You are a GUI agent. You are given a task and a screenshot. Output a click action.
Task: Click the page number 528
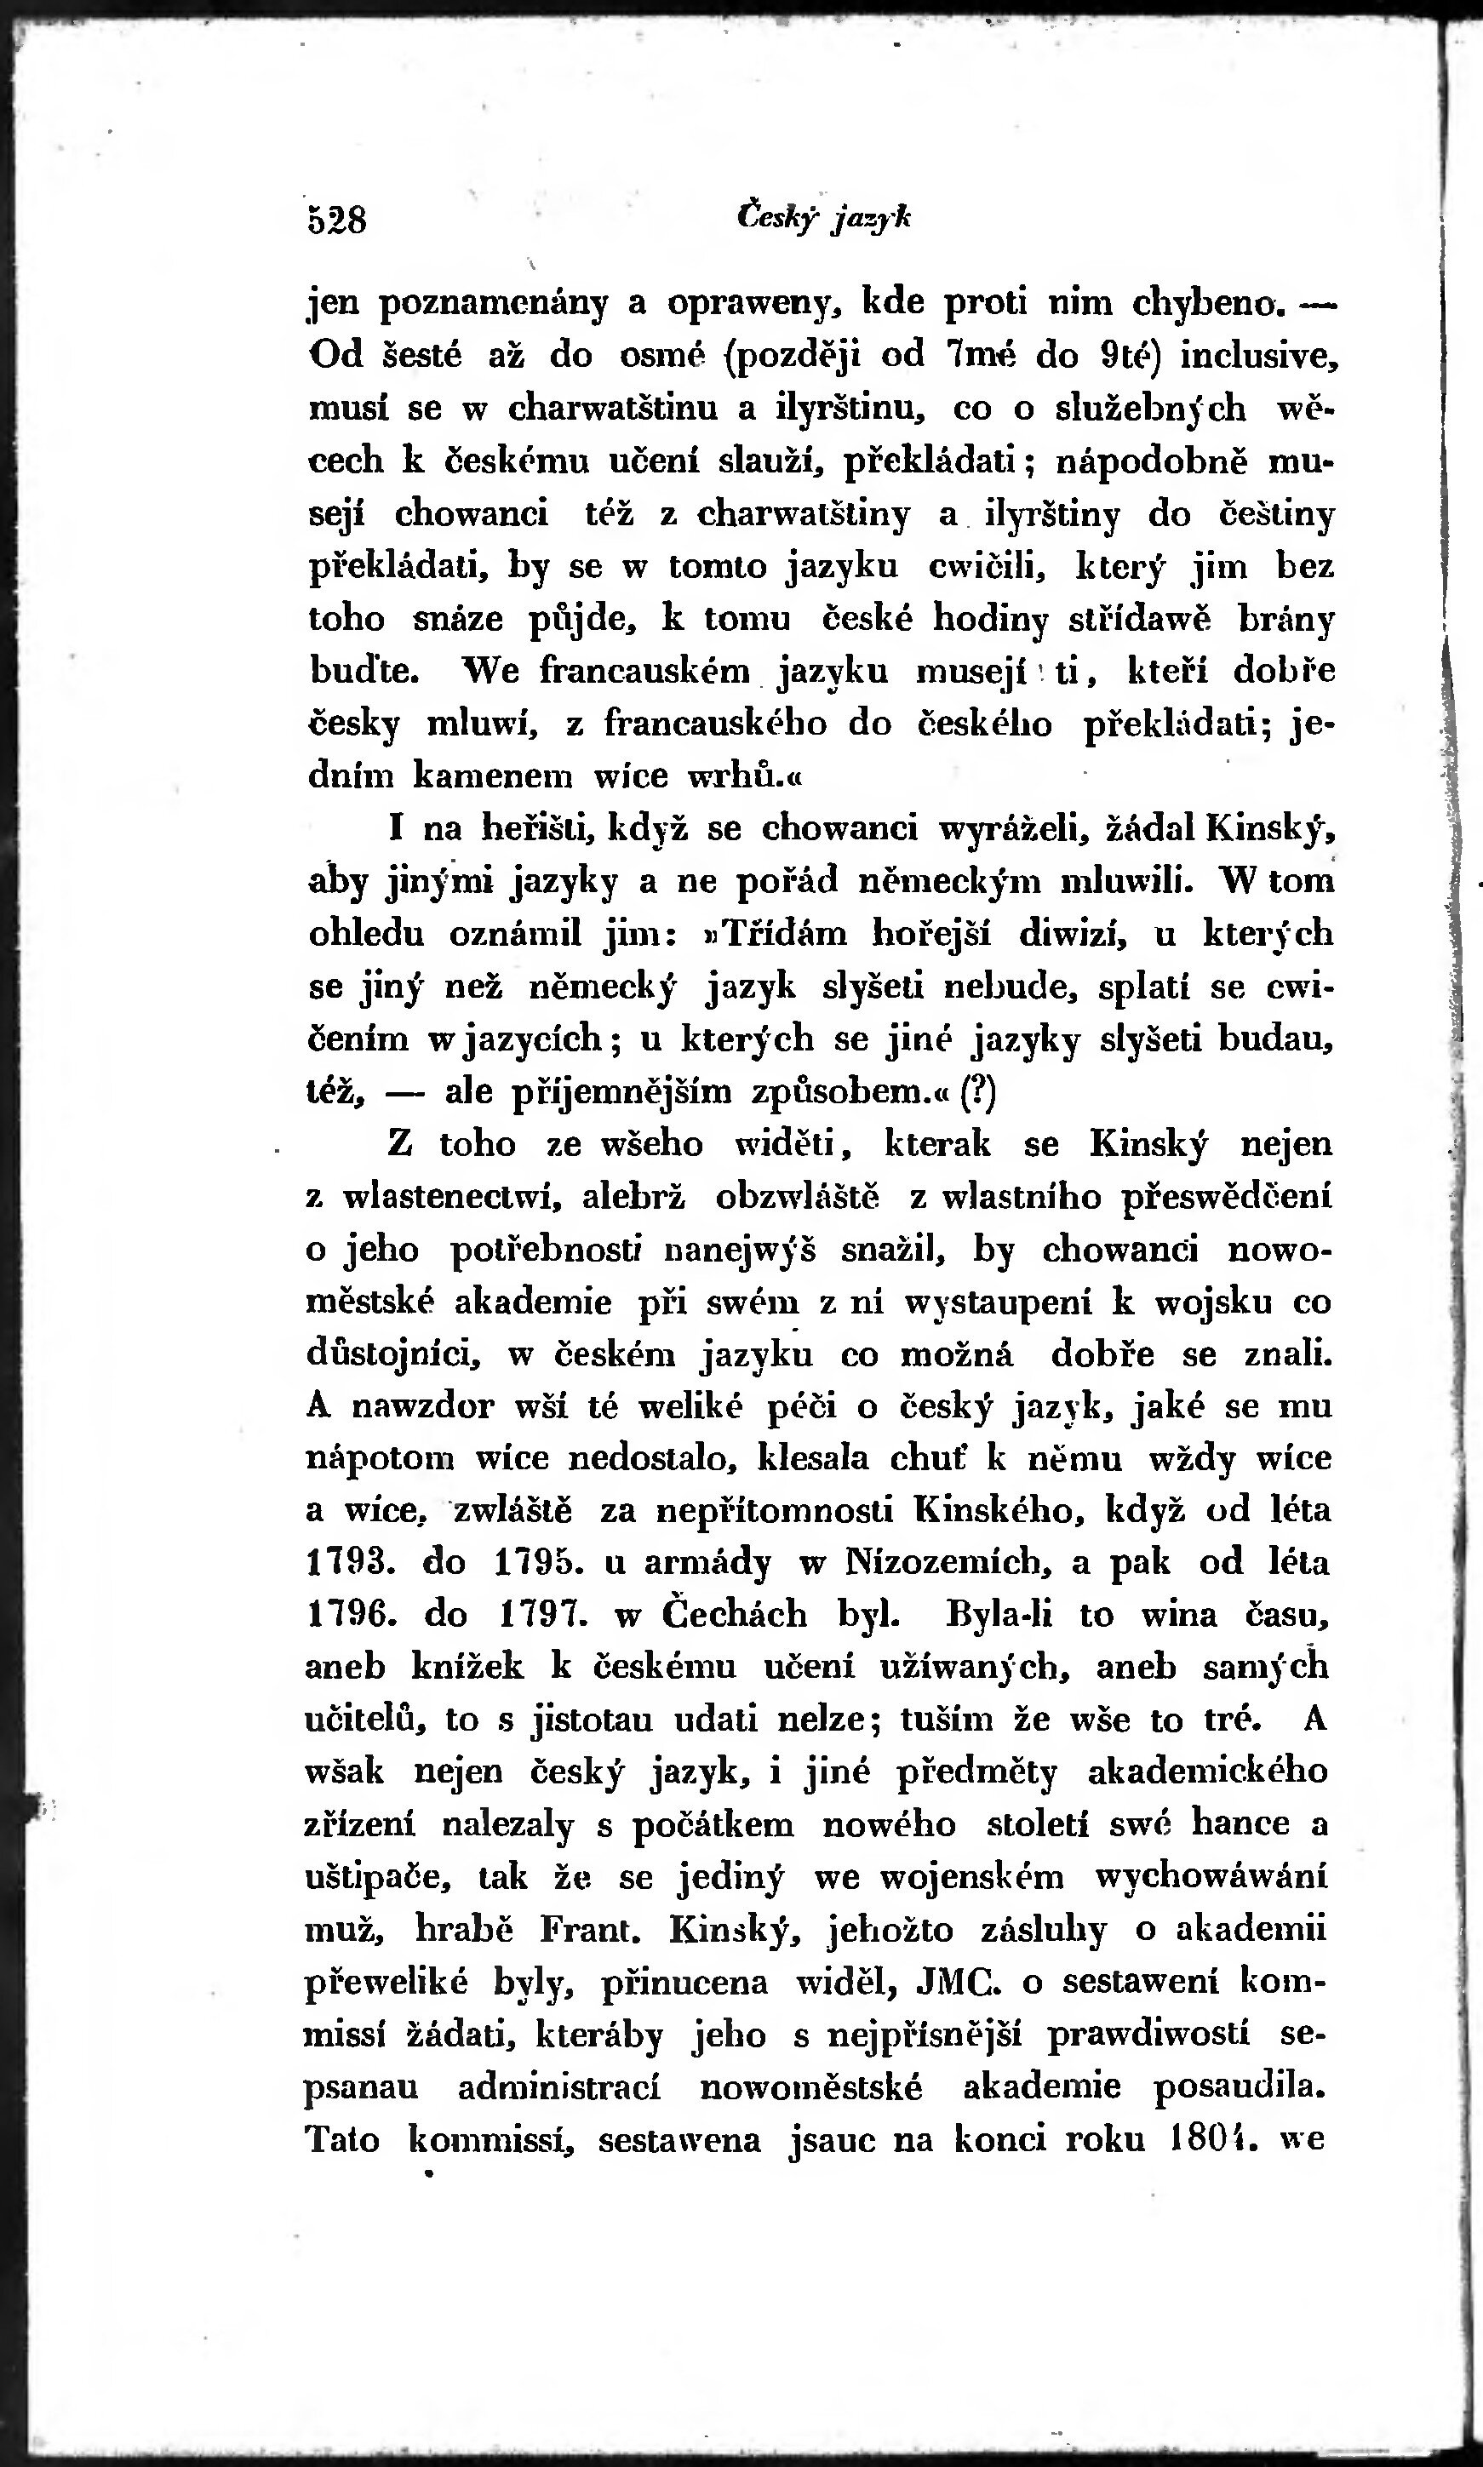338,219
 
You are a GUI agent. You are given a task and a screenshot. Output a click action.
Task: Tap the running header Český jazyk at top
823,217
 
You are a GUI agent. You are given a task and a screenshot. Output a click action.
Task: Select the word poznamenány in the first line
494,303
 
